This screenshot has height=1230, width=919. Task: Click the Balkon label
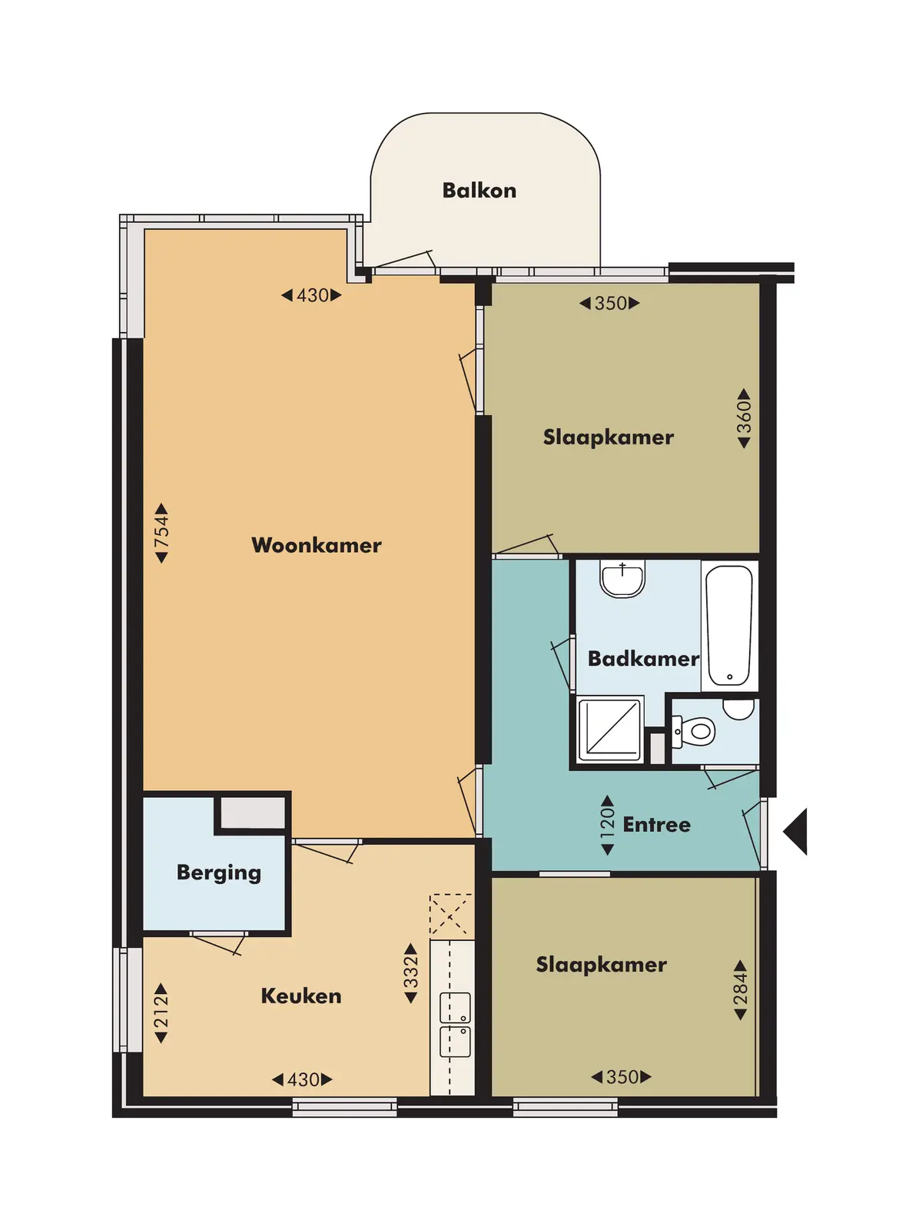(479, 191)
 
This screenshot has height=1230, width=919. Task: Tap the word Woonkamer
(317, 545)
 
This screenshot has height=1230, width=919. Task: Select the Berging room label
(219, 873)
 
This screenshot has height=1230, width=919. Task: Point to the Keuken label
(301, 996)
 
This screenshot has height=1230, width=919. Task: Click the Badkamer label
(643, 658)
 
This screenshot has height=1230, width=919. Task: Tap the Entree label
(657, 824)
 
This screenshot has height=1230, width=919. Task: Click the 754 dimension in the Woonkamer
(161, 533)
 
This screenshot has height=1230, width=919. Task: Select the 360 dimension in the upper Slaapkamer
(744, 418)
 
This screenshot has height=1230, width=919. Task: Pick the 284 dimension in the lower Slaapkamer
(741, 990)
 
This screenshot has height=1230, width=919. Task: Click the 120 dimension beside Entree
(608, 825)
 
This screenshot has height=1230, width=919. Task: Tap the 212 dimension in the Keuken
(161, 1013)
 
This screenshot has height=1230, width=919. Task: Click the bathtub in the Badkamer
(729, 625)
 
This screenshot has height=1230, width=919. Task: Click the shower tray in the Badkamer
(610, 729)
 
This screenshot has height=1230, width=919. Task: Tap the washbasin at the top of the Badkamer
(622, 580)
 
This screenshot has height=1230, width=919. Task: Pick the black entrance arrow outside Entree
(796, 832)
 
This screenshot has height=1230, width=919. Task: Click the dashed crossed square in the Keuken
(451, 915)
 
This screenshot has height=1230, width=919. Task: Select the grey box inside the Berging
(253, 813)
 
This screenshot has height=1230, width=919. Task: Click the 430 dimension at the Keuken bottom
(303, 1079)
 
